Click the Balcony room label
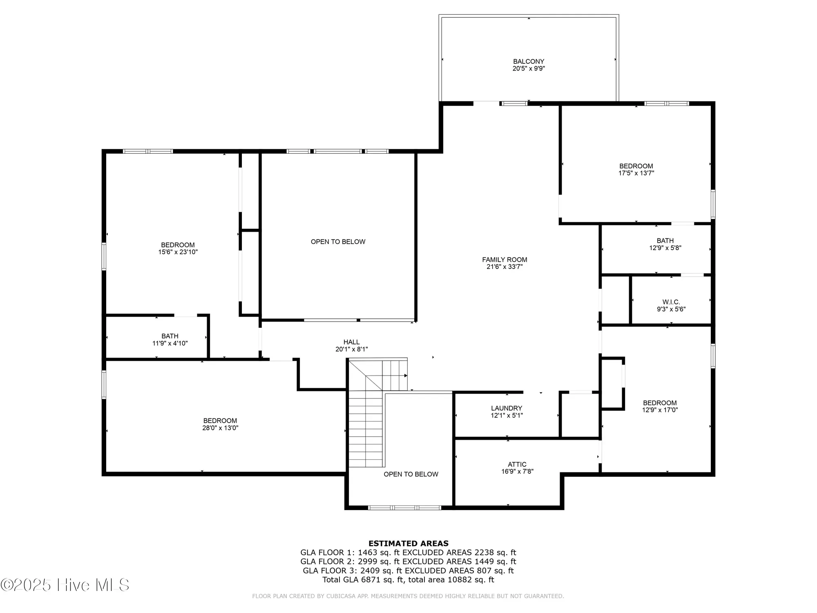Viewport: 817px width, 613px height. [x=529, y=62]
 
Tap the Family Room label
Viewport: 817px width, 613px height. [x=504, y=260]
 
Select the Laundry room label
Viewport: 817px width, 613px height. [x=507, y=408]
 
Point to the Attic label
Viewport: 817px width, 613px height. [x=517, y=464]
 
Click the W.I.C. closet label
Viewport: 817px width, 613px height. [x=671, y=302]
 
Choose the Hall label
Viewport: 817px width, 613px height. [x=351, y=342]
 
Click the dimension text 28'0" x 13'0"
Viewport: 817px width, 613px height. [x=220, y=428]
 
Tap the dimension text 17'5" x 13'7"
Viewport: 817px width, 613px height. [x=636, y=173]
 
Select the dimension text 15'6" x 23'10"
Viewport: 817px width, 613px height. [x=178, y=252]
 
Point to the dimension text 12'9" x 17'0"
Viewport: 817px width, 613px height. [x=660, y=410]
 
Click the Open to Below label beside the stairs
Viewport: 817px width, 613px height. [x=411, y=474]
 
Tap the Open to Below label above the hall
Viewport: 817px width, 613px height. [x=338, y=242]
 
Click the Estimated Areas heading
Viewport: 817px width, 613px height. [x=408, y=544]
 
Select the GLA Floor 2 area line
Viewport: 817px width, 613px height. [x=408, y=562]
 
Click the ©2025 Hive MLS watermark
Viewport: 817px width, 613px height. [x=65, y=585]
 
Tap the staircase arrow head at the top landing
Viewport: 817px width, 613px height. [x=406, y=375]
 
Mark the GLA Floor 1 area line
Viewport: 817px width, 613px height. [x=408, y=553]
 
